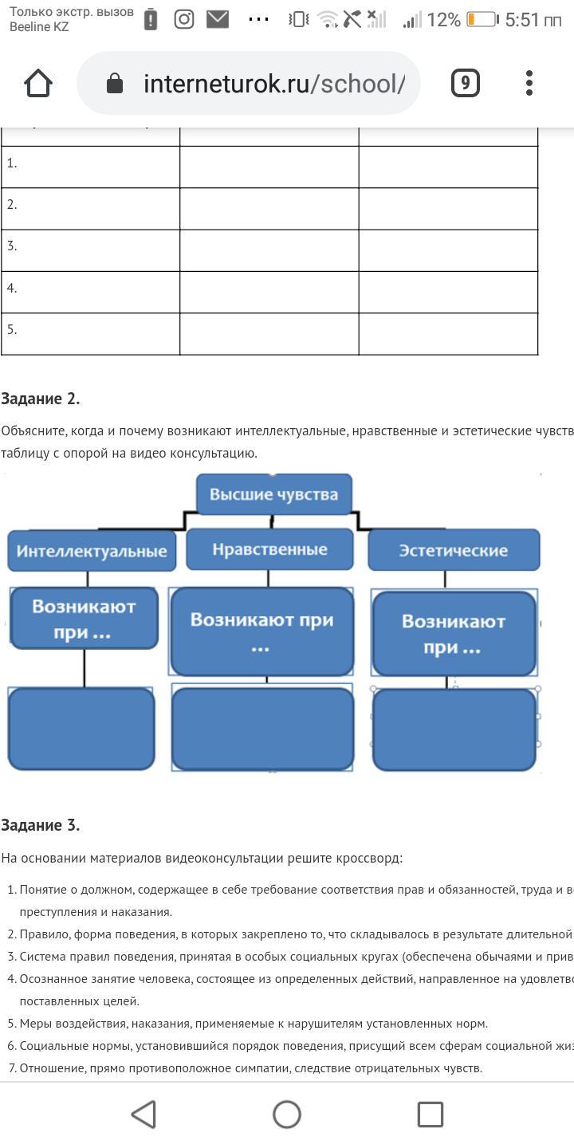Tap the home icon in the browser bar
click(x=38, y=83)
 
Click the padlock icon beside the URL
click(x=115, y=83)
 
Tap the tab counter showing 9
click(x=466, y=83)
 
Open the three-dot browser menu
click(x=529, y=83)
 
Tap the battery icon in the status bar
click(x=482, y=20)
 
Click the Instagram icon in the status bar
click(x=184, y=20)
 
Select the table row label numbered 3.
click(x=12, y=246)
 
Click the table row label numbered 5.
click(x=12, y=329)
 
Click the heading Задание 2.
click(x=41, y=399)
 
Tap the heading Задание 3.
click(x=41, y=825)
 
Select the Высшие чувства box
click(x=273, y=494)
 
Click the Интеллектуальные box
click(x=92, y=552)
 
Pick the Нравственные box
click(x=269, y=549)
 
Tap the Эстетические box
click(x=453, y=550)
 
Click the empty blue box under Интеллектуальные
click(x=81, y=729)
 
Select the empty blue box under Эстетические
click(x=454, y=729)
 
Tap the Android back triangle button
click(x=143, y=1114)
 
